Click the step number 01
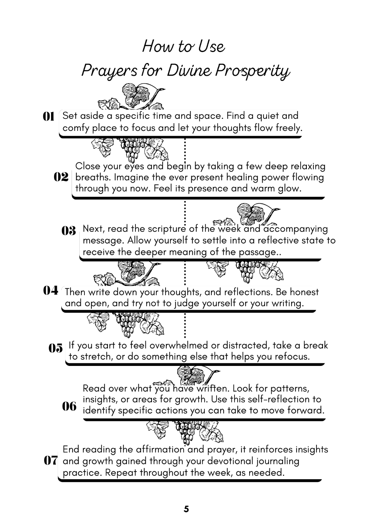click(48, 117)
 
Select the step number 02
click(61, 177)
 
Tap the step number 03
click(69, 231)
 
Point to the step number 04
click(51, 291)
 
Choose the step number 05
click(56, 348)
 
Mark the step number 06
click(69, 406)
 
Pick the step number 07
click(51, 460)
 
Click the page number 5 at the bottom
click(186, 509)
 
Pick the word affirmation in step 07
click(160, 449)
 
